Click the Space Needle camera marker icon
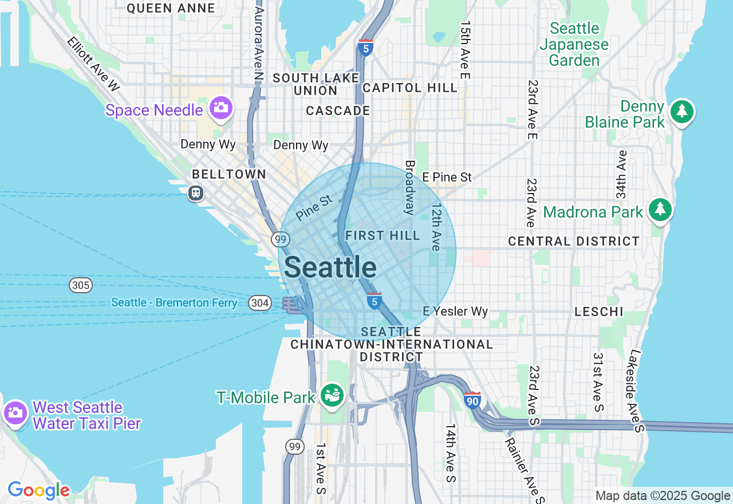(220, 108)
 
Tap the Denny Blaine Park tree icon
(681, 111)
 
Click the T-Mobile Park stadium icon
(331, 395)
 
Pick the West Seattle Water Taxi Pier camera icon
(15, 412)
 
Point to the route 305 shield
(81, 285)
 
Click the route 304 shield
(260, 303)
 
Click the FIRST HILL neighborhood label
(383, 235)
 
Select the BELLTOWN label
(229, 174)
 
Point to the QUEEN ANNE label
(171, 8)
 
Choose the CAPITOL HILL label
(410, 88)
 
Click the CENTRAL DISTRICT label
(574, 241)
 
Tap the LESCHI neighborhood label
(600, 312)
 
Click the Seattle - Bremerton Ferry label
(174, 302)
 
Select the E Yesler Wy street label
(455, 311)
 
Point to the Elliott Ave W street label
(93, 64)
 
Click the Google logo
(38, 490)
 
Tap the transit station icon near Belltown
(196, 193)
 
